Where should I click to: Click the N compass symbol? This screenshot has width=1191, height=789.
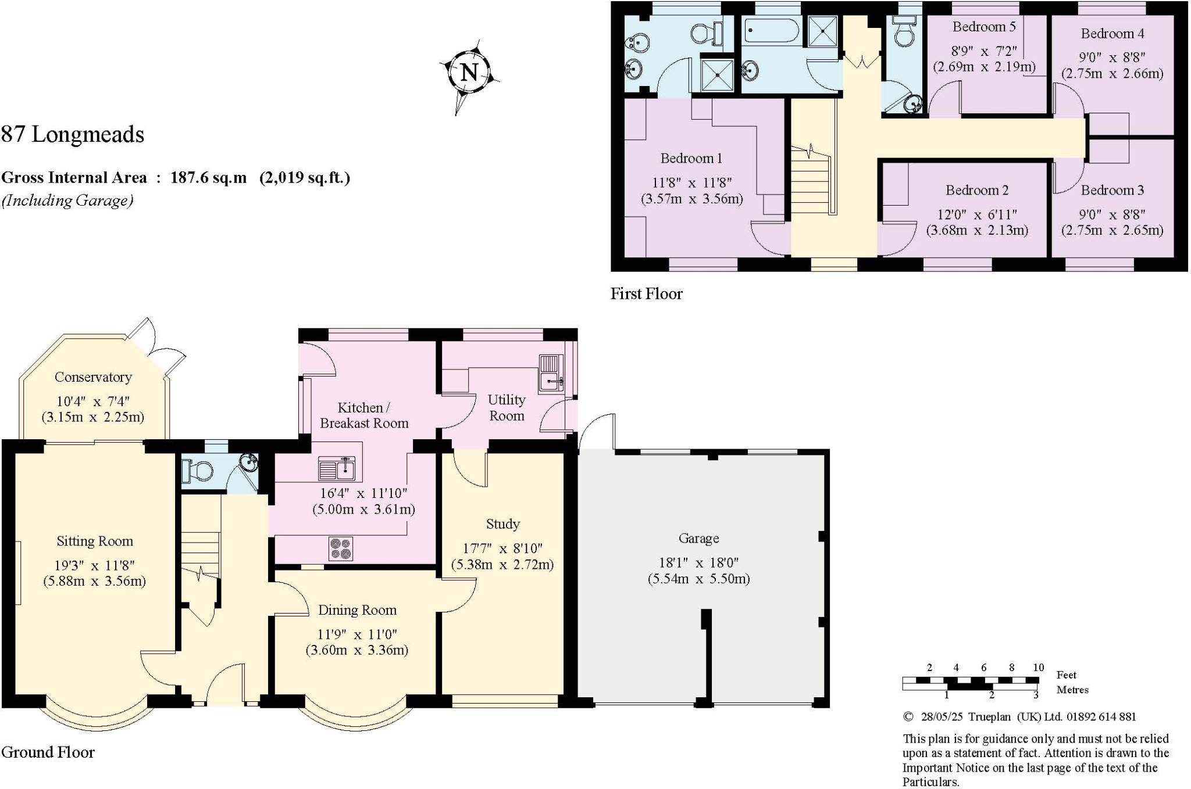pyautogui.click(x=469, y=73)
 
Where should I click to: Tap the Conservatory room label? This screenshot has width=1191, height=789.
pyautogui.click(x=93, y=377)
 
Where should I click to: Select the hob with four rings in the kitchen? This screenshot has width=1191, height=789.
pyautogui.click(x=341, y=548)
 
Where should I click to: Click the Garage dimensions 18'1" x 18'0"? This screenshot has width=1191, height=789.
pyautogui.click(x=698, y=562)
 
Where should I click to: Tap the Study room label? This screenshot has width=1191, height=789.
pyautogui.click(x=502, y=524)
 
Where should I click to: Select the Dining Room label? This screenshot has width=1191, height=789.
pyautogui.click(x=357, y=610)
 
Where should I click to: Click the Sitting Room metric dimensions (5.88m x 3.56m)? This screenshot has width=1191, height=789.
pyautogui.click(x=94, y=581)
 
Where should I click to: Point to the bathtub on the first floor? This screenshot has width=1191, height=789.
pyautogui.click(x=771, y=29)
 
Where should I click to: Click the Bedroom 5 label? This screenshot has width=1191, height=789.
pyautogui.click(x=984, y=27)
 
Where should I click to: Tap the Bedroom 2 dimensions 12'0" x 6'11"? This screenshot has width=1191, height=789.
pyautogui.click(x=976, y=214)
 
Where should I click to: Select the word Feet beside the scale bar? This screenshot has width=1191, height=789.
pyautogui.click(x=1066, y=675)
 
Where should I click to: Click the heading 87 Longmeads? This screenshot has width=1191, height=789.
pyautogui.click(x=73, y=134)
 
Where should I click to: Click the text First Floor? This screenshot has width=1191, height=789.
pyautogui.click(x=646, y=294)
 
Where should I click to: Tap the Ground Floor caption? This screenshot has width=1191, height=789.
pyautogui.click(x=48, y=752)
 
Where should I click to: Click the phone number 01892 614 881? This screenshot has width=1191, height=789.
pyautogui.click(x=1101, y=717)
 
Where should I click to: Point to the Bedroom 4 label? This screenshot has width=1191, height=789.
pyautogui.click(x=1112, y=34)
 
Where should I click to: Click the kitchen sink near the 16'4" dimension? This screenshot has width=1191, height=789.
pyautogui.click(x=337, y=469)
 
